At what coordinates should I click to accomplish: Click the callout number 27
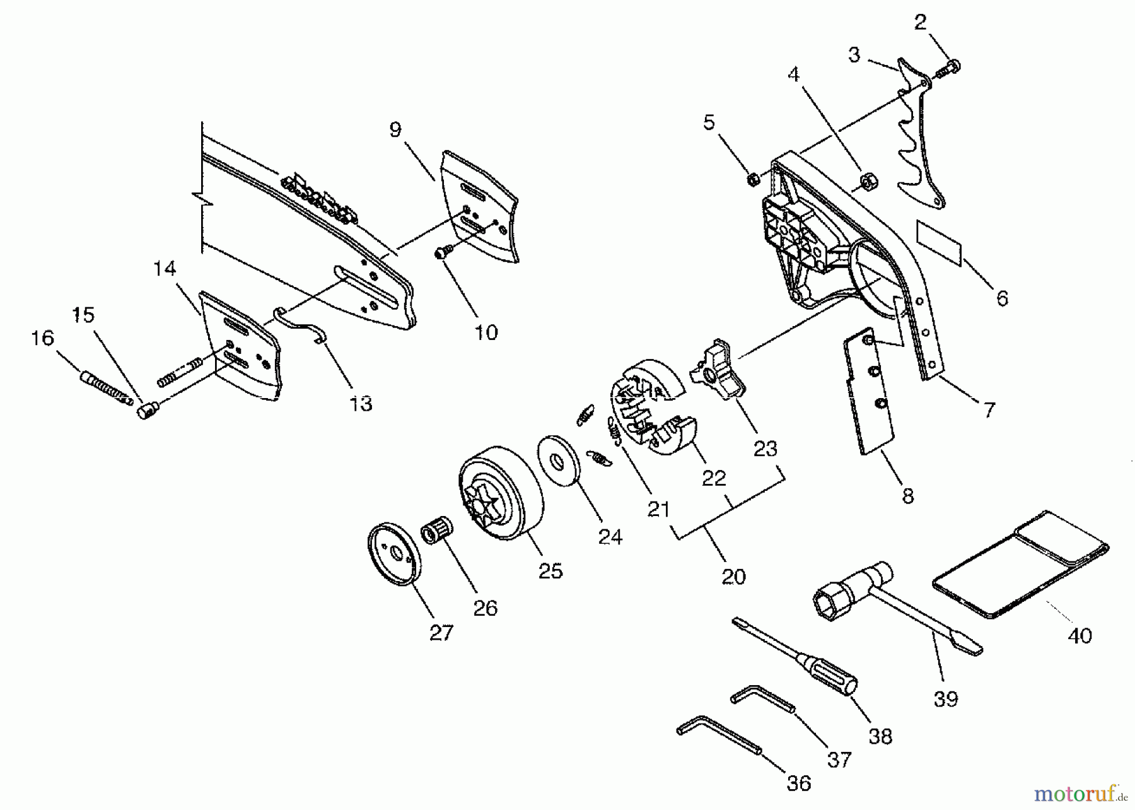(x=441, y=633)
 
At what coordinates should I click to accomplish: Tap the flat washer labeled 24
(x=559, y=461)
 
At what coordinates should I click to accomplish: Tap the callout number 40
(x=1080, y=635)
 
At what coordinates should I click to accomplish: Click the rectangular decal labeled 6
(x=939, y=243)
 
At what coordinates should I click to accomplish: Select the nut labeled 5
(x=752, y=180)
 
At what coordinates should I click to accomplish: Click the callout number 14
(x=164, y=269)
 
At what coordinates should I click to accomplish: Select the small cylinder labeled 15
(x=148, y=411)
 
